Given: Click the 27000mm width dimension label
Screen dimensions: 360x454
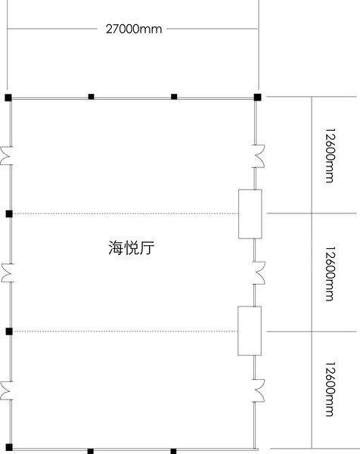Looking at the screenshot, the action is point(134,29).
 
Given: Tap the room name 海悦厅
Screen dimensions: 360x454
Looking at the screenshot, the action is point(132,248).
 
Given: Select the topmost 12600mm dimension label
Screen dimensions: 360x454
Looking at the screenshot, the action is point(330,155).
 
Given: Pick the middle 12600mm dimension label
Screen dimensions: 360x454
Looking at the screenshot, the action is point(330,274).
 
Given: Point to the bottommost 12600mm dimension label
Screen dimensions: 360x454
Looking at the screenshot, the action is point(330,389).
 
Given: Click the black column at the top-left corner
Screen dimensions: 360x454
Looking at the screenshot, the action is point(8,98).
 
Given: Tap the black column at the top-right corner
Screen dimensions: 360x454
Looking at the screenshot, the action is point(258,97).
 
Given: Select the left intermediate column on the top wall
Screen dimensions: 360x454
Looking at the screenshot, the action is point(92,97).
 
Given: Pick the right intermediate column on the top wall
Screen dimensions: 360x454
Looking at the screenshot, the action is point(174,97).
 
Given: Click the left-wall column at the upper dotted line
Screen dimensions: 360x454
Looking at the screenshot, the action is point(9,214).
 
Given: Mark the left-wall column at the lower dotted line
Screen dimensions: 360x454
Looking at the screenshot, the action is point(9,331).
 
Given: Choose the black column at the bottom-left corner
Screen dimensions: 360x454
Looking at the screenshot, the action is point(9,447).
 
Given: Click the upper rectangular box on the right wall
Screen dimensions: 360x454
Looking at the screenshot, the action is point(250,214).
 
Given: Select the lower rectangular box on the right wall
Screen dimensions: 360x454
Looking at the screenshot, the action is point(250,331).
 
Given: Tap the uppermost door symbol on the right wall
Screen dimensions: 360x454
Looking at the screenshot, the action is point(259,156).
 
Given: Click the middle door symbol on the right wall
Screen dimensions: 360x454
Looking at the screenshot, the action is point(259,273).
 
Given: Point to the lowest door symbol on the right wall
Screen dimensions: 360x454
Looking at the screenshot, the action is point(259,390).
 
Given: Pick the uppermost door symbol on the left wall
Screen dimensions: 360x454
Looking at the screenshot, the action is point(7,155).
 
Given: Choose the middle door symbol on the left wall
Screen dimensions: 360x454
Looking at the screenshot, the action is point(8,272).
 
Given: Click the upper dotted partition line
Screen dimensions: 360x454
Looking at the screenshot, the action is point(126,214).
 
